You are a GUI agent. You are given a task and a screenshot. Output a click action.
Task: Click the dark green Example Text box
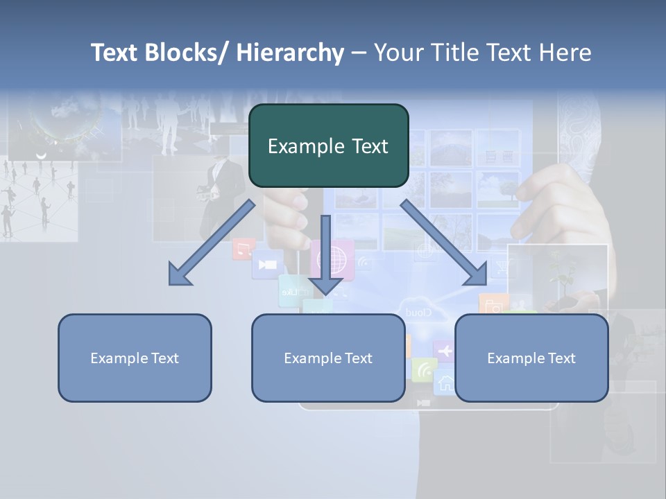click(328, 146)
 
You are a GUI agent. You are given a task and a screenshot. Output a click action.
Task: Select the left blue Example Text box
click(135, 358)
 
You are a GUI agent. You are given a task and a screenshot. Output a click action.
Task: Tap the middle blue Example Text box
click(328, 358)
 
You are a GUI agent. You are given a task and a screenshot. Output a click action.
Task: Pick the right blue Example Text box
click(531, 358)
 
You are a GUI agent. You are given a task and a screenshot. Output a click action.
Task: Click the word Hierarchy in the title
click(290, 53)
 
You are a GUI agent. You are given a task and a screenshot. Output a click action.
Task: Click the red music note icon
click(243, 249)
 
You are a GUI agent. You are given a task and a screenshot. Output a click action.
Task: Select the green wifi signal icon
click(423, 370)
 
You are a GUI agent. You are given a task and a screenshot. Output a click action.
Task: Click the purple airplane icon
click(444, 351)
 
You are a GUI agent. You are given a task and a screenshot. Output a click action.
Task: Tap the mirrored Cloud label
click(418, 313)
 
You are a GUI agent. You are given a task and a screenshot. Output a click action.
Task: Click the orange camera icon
click(493, 305)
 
